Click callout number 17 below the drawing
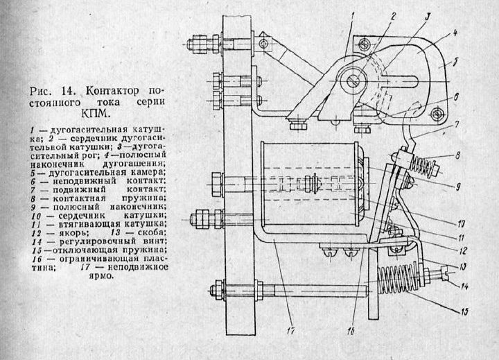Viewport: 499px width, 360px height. point(292,331)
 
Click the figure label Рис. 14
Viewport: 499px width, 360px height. point(55,91)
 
